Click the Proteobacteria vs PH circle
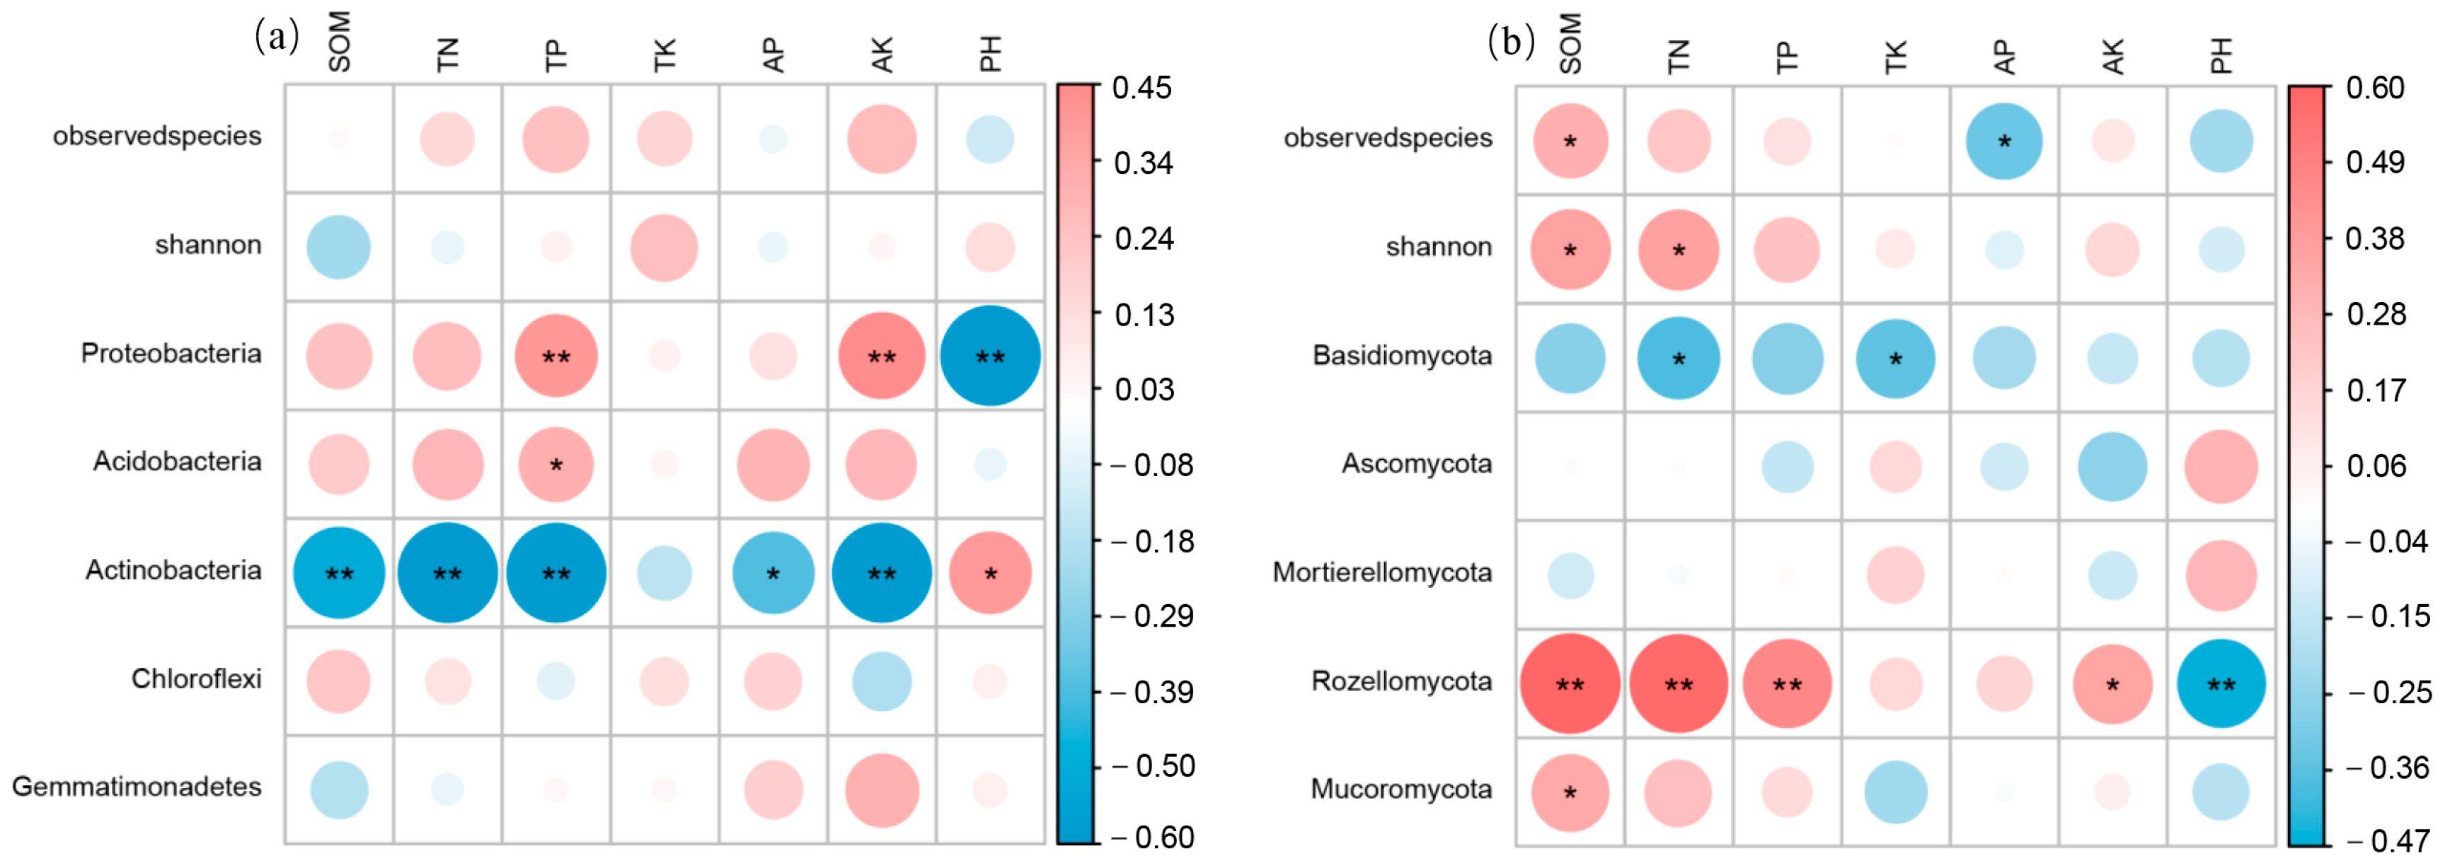pos(990,356)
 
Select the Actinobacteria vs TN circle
pos(447,572)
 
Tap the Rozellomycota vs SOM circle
pos(1570,683)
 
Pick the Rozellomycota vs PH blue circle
pos(2221,683)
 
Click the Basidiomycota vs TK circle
pos(1895,359)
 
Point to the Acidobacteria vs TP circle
pos(556,464)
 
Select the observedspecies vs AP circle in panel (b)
pos(2003,141)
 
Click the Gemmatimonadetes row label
pos(137,787)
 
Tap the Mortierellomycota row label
pos(1382,572)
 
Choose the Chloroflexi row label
pos(197,678)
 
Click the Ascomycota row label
pos(1416,464)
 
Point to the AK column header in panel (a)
pos(882,55)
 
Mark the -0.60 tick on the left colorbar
pos(1152,838)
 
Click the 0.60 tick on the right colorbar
pos(2375,88)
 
